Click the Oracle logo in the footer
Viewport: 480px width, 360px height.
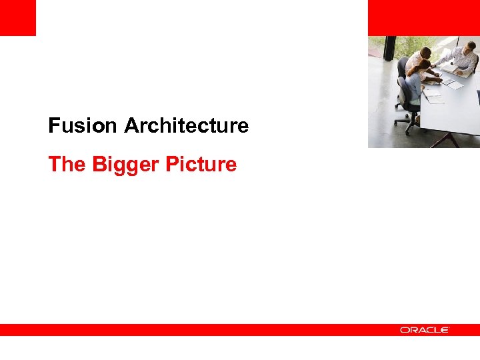click(x=425, y=330)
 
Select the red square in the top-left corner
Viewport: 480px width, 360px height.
click(x=17, y=17)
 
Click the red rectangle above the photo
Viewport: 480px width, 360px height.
click(x=423, y=17)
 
